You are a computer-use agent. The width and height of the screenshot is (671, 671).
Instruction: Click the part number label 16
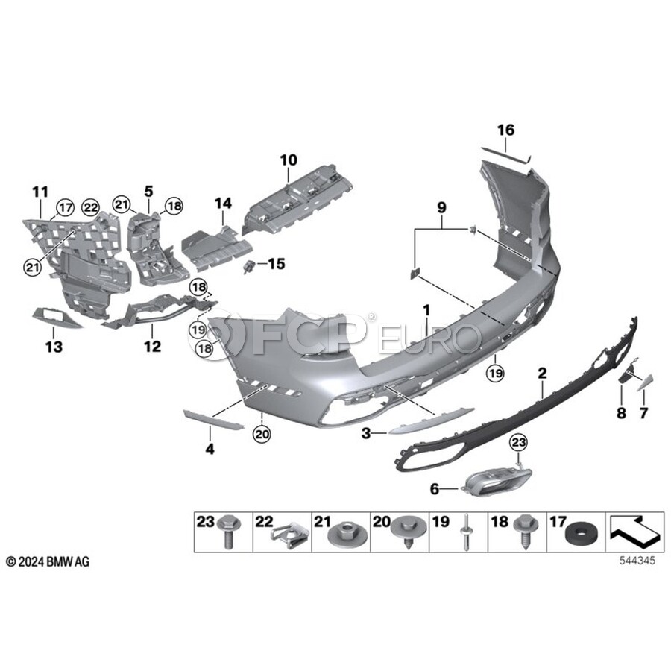(505, 130)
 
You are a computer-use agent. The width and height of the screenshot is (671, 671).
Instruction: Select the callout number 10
(289, 160)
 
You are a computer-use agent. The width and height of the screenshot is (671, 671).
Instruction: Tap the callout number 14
(223, 203)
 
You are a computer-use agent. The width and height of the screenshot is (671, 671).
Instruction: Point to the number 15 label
(277, 264)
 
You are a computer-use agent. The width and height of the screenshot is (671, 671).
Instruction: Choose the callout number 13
(54, 347)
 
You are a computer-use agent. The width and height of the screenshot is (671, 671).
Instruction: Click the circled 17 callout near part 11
(66, 207)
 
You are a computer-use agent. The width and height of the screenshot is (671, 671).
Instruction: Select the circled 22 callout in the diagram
(91, 207)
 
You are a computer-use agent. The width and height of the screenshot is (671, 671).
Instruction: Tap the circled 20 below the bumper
(262, 435)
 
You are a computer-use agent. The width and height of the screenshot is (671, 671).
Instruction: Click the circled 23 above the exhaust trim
(518, 442)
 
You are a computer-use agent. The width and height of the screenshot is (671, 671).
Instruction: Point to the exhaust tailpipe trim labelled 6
(497, 482)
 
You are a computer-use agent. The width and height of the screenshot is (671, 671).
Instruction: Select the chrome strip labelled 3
(432, 420)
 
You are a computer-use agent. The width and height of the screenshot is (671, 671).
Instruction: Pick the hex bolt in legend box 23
(229, 532)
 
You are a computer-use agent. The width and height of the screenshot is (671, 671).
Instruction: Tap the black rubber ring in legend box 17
(578, 537)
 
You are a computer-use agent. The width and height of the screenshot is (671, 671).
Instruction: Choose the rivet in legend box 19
(465, 533)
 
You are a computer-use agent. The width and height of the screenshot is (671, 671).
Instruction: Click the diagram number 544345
(637, 560)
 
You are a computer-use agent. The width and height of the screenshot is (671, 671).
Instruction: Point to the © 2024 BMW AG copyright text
(48, 561)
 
